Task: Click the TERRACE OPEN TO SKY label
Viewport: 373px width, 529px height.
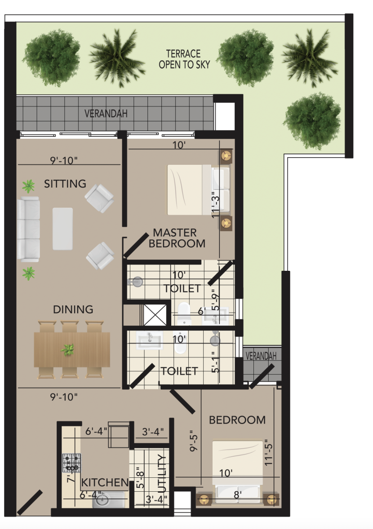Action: pyautogui.click(x=184, y=59)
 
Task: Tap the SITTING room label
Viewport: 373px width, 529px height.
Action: pyautogui.click(x=65, y=184)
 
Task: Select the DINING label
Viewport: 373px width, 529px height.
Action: pyautogui.click(x=73, y=309)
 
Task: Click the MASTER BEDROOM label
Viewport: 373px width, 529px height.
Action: pyautogui.click(x=177, y=238)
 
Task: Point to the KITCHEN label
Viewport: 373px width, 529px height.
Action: pyautogui.click(x=105, y=482)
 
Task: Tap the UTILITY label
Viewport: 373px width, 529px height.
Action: pyautogui.click(x=162, y=474)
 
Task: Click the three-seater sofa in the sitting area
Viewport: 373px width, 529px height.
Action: pyautogui.click(x=28, y=229)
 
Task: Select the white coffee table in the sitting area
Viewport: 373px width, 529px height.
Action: pyautogui.click(x=62, y=229)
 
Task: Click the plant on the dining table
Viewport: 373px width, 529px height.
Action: pyautogui.click(x=68, y=349)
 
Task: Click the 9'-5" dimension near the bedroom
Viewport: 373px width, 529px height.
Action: pyautogui.click(x=193, y=441)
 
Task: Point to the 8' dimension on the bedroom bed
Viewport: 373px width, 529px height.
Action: pyautogui.click(x=238, y=494)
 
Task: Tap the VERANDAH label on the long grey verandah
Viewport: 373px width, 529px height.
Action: pyautogui.click(x=106, y=113)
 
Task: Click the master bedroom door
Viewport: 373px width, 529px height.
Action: pyautogui.click(x=136, y=245)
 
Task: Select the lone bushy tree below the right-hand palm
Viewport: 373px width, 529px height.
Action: pyautogui.click(x=312, y=120)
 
